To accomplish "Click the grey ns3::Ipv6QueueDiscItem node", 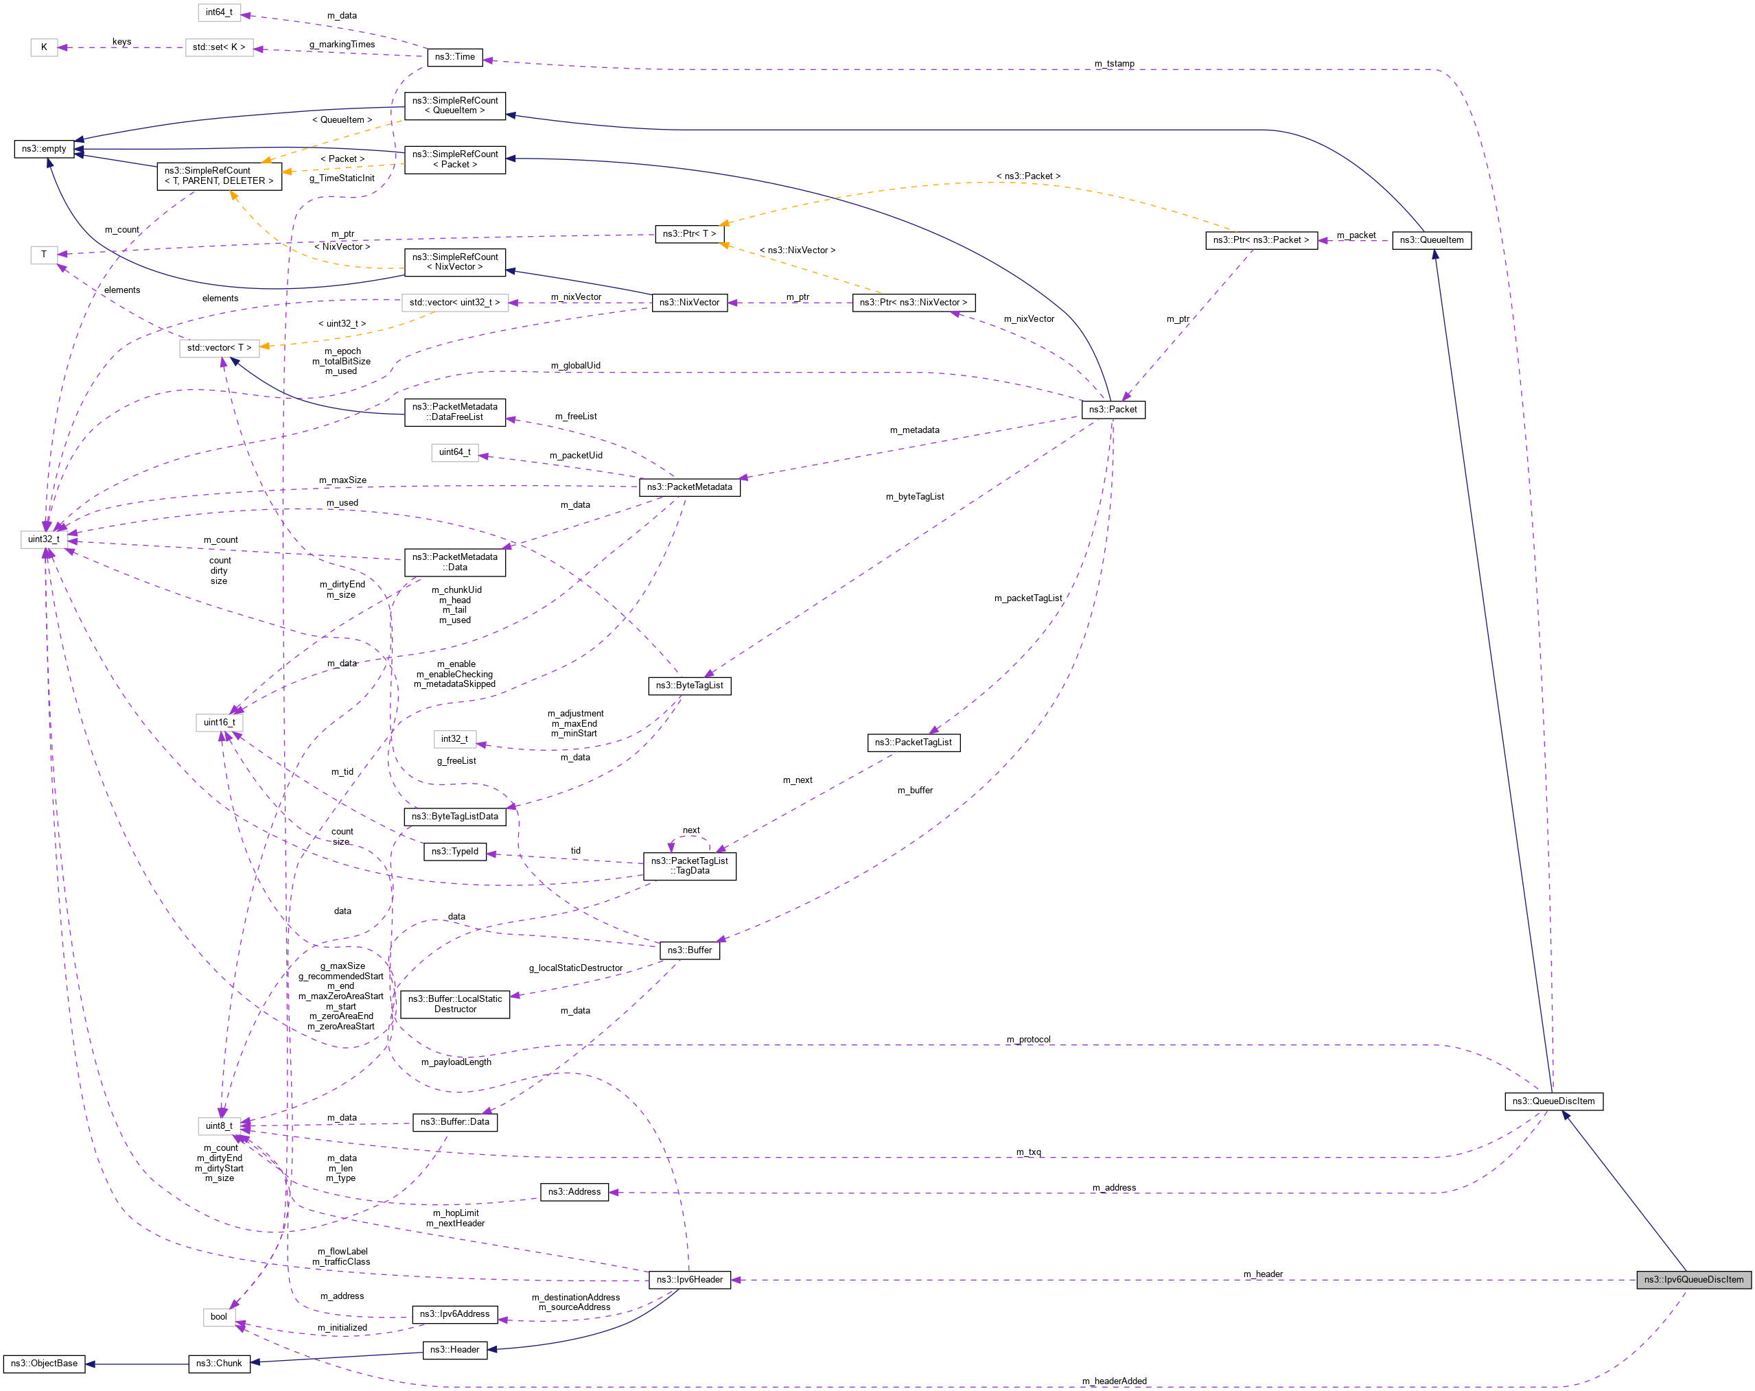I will pos(1693,1280).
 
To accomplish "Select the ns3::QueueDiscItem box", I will pos(1553,1101).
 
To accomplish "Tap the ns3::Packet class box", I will pos(1113,410).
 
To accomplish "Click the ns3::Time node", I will pos(454,57).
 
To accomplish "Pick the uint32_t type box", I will pos(44,539).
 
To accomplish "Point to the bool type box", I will pos(219,1316).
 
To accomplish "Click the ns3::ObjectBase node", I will pos(44,1364).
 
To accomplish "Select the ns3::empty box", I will pos(44,149).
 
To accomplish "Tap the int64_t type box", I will pos(219,12).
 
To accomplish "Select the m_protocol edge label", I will pos(1028,1040).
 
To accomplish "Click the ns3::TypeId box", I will pos(455,852).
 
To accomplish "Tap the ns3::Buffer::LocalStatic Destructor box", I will pos(455,1003).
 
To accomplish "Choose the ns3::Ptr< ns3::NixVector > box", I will pos(914,303).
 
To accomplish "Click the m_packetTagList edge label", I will pos(1027,598).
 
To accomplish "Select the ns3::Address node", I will pos(574,1191).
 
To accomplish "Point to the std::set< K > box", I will pos(219,47).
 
